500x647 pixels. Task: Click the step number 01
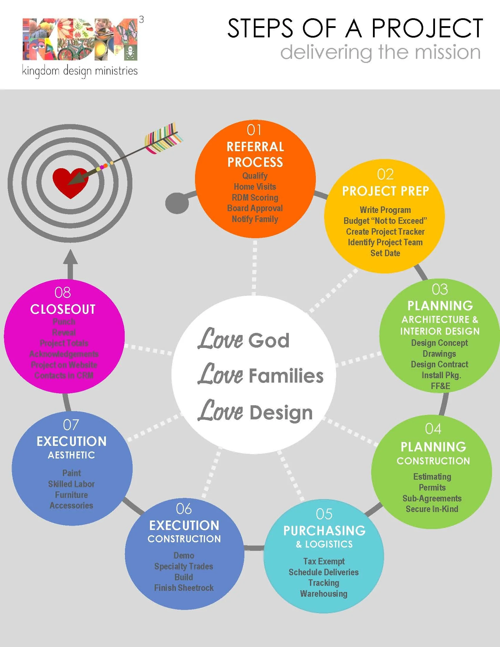[254, 130]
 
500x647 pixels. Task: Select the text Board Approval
[255, 208]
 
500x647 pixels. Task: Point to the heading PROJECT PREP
[385, 191]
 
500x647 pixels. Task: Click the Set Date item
[385, 253]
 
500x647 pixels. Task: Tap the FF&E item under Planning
[440, 386]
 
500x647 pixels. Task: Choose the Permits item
[432, 487]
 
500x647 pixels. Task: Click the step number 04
[433, 429]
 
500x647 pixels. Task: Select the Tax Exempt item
[324, 561]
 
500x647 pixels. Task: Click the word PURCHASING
[324, 531]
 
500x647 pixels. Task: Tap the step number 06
[184, 509]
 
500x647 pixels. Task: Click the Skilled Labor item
[71, 484]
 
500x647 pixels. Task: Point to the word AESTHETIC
[71, 455]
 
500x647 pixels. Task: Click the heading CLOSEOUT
[63, 309]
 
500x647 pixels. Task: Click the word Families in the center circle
[286, 376]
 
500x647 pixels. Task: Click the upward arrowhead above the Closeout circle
[71, 258]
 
